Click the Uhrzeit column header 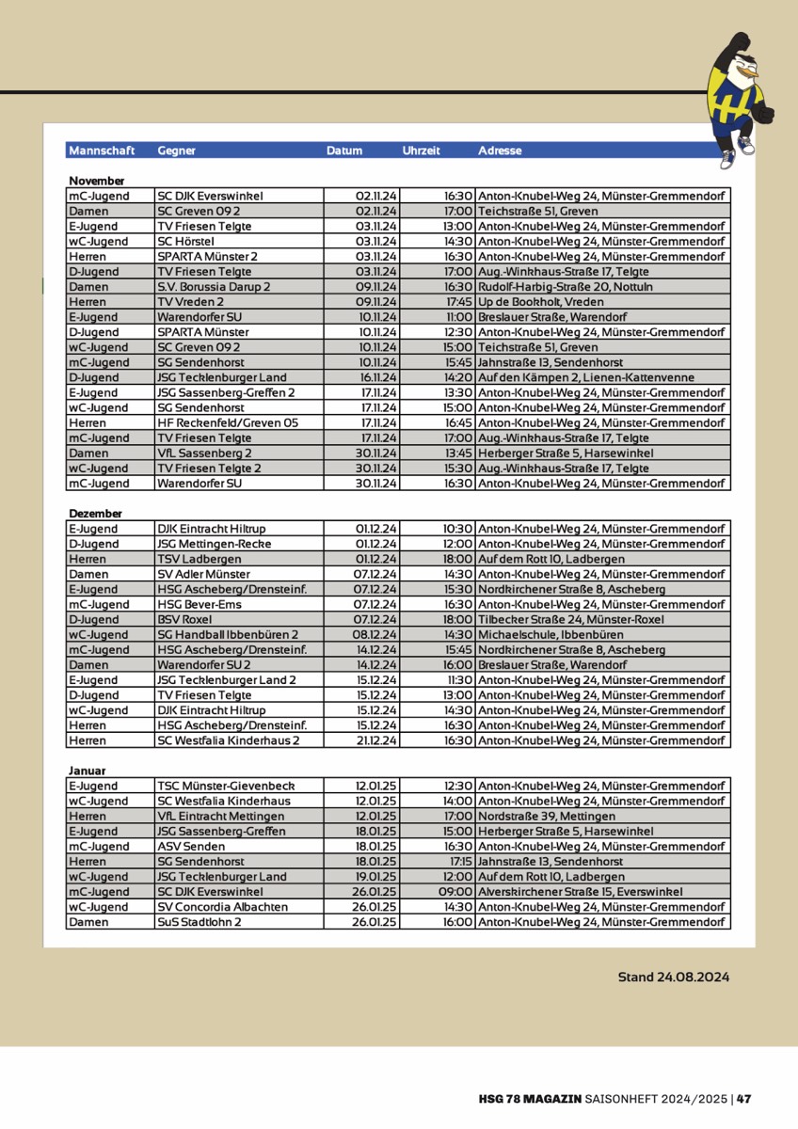(x=421, y=151)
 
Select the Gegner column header (x=177, y=151)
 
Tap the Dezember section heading (x=95, y=514)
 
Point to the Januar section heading (x=87, y=771)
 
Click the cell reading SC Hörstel (x=186, y=242)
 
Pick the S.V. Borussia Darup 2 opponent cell (x=214, y=287)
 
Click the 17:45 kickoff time (x=459, y=302)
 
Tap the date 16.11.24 (x=376, y=377)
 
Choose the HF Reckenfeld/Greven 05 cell (x=228, y=423)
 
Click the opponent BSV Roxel (x=184, y=620)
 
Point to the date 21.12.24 (x=376, y=740)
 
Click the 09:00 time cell (x=456, y=892)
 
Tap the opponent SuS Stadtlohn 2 (x=199, y=922)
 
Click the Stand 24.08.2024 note (x=673, y=977)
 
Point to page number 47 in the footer (x=743, y=1098)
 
